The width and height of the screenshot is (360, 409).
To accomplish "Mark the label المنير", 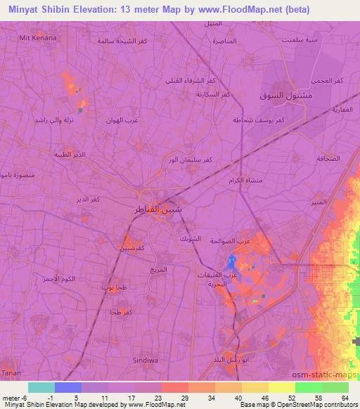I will tap(320, 201).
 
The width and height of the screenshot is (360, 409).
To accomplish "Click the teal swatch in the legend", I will tap(41, 387).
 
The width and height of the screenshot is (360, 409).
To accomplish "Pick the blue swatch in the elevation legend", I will tap(67, 387).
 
